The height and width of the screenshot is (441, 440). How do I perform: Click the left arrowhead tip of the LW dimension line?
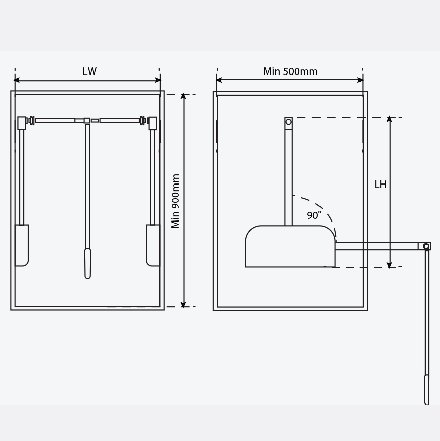[x=14, y=80]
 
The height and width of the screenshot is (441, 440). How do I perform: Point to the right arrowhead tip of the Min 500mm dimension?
[x=364, y=80]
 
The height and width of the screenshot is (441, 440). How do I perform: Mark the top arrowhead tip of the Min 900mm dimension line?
[x=183, y=93]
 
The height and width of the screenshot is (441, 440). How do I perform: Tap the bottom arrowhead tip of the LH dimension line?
[x=389, y=268]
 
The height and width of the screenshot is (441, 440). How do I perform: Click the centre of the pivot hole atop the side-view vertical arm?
[x=288, y=122]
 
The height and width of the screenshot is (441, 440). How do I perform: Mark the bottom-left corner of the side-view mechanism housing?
[x=245, y=267]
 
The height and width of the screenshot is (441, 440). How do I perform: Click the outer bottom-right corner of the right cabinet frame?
[x=368, y=311]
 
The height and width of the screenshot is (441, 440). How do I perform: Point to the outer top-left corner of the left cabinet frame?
[x=11, y=91]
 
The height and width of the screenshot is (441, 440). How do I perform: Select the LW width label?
[x=89, y=71]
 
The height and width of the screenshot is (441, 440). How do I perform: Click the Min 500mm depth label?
[x=291, y=71]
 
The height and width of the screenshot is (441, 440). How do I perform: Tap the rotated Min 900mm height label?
[x=175, y=201]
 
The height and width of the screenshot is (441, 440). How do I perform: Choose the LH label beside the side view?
[x=380, y=185]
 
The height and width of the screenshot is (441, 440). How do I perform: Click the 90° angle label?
[x=314, y=215]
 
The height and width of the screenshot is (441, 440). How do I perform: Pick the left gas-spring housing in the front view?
[x=22, y=245]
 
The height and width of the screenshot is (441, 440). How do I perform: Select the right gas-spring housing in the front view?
[x=153, y=245]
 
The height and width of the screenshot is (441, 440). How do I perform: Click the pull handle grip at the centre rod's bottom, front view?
[x=88, y=264]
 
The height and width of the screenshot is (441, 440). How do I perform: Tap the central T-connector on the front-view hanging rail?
[x=87, y=121]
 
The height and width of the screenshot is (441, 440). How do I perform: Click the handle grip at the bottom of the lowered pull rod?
[x=427, y=389]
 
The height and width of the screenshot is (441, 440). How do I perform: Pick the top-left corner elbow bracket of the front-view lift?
[x=22, y=123]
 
